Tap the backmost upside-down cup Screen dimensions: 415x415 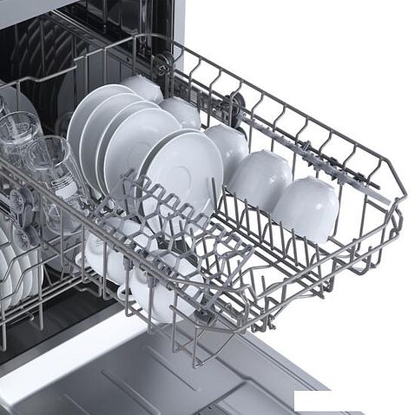143,88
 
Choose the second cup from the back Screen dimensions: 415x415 181,112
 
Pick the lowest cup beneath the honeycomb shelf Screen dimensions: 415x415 161,295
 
